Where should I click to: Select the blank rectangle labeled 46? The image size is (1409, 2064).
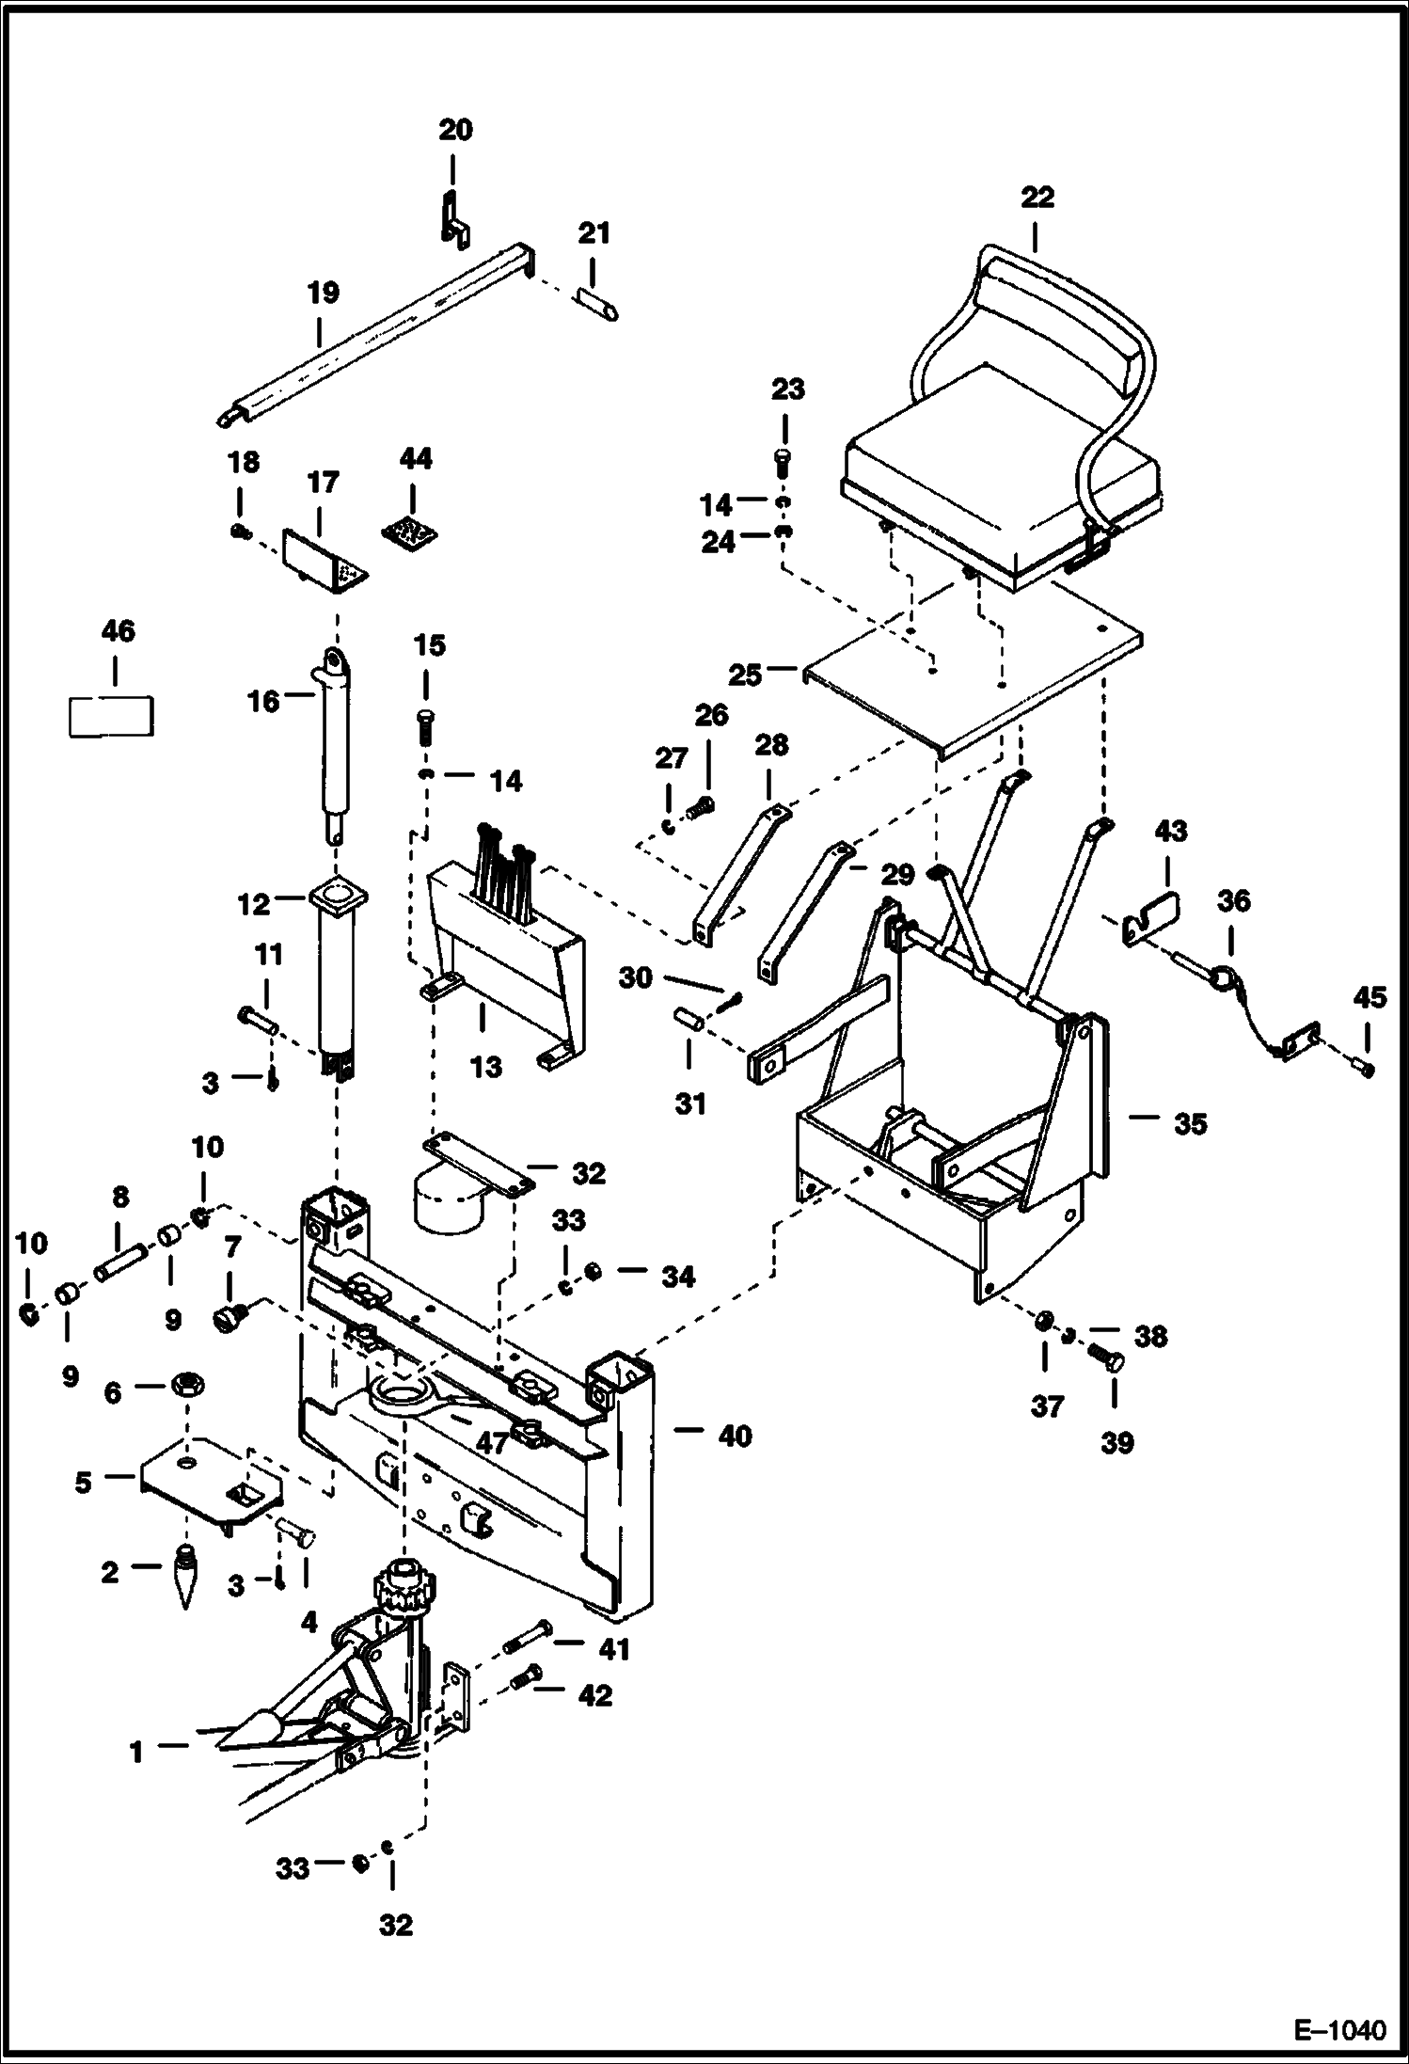(111, 717)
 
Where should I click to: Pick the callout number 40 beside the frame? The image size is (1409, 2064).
(735, 1437)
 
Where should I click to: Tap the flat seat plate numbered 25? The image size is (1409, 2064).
(969, 677)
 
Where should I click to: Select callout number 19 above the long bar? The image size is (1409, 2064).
(322, 293)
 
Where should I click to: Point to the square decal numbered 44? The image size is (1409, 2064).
(411, 532)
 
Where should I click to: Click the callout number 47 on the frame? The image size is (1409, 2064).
(491, 1442)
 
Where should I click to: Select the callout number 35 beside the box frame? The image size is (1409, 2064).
(1190, 1123)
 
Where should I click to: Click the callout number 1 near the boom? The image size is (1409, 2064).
(136, 1752)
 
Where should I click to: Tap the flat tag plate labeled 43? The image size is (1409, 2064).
(1155, 915)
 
